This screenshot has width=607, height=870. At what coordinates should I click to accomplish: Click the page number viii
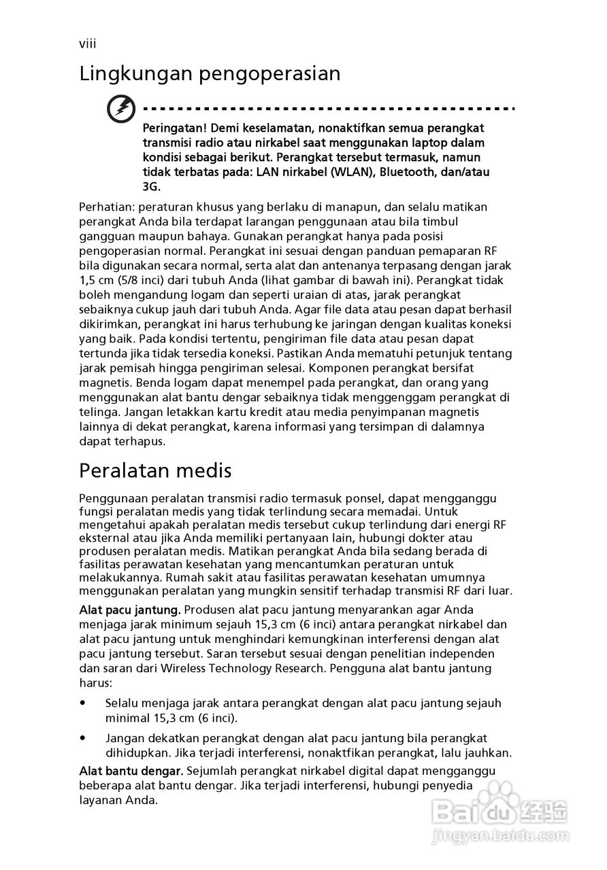87,44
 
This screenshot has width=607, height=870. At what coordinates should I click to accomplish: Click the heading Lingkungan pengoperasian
210,73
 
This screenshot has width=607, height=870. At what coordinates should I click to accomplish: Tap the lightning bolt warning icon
122,109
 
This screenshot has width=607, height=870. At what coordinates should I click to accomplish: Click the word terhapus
140,441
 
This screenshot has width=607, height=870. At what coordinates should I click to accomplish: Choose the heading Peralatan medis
155,470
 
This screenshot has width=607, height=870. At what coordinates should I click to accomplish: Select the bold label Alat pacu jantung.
130,609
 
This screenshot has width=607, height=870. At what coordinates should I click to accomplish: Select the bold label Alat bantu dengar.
131,771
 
